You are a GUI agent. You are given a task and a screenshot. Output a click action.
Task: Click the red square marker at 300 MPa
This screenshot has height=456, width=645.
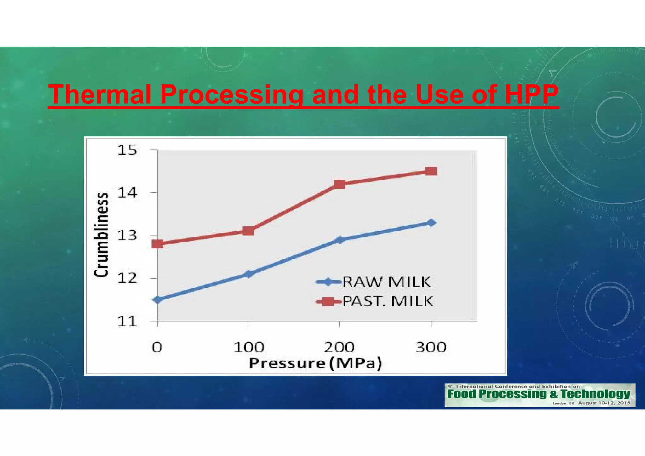coord(431,171)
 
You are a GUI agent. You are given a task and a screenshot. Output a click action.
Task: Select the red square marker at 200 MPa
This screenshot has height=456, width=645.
coord(340,184)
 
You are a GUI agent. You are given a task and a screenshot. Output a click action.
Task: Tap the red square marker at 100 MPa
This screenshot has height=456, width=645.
coord(248,231)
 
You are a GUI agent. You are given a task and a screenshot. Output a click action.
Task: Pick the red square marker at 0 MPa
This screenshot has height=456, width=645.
coord(157,244)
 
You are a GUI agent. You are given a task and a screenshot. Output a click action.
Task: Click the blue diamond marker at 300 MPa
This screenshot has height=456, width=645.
coord(431,223)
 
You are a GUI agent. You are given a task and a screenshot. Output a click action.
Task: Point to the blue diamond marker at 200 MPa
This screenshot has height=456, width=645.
coord(340,240)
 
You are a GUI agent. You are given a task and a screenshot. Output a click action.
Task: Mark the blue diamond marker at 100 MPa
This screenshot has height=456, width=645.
coord(248,274)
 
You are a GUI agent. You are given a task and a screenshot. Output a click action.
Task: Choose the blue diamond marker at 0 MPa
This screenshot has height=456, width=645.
coord(157,299)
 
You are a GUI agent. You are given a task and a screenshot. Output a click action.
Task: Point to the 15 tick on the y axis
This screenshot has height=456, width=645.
coord(127,150)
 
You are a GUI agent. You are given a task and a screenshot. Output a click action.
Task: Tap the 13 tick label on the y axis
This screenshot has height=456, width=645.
coord(127,236)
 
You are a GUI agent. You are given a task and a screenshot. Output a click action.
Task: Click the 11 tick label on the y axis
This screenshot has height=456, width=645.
coord(127,322)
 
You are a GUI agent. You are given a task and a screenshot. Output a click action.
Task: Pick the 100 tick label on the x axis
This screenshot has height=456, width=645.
coord(248,347)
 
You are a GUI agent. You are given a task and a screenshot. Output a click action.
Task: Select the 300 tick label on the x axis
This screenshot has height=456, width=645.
coord(431,347)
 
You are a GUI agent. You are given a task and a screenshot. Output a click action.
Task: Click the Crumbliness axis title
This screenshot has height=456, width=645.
coord(101,235)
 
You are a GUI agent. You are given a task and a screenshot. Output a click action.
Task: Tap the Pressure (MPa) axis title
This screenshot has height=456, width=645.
coord(316,363)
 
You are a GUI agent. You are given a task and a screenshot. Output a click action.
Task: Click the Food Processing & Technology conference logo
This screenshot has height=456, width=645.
coord(539,395)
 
